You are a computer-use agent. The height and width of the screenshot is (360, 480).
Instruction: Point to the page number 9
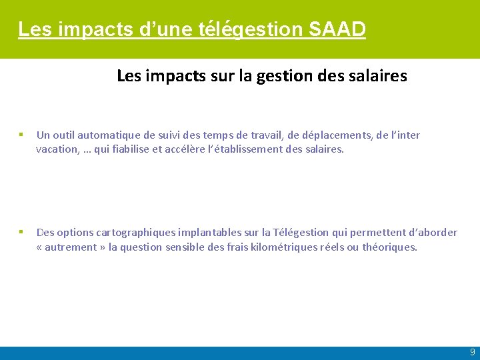472,352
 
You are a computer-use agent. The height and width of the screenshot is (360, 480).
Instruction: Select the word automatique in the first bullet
107,135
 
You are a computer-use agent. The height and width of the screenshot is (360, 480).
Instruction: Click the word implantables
209,233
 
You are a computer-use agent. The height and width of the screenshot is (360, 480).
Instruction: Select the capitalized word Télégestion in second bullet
301,233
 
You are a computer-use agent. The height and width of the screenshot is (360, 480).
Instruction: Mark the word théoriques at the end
389,247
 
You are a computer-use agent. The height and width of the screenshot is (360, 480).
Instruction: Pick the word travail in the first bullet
265,135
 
